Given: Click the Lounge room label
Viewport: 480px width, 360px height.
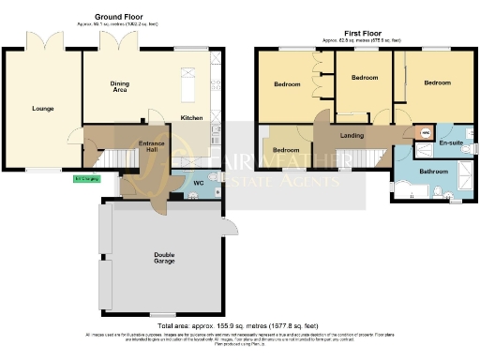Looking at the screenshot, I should click(x=41, y=109).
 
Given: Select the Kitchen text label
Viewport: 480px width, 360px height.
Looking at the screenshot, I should click(x=191, y=118).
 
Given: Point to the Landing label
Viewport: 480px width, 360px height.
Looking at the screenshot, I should click(x=352, y=137).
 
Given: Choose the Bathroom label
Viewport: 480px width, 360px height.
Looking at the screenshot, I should click(x=434, y=172).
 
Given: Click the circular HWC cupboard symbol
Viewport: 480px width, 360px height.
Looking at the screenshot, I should click(x=423, y=133).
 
